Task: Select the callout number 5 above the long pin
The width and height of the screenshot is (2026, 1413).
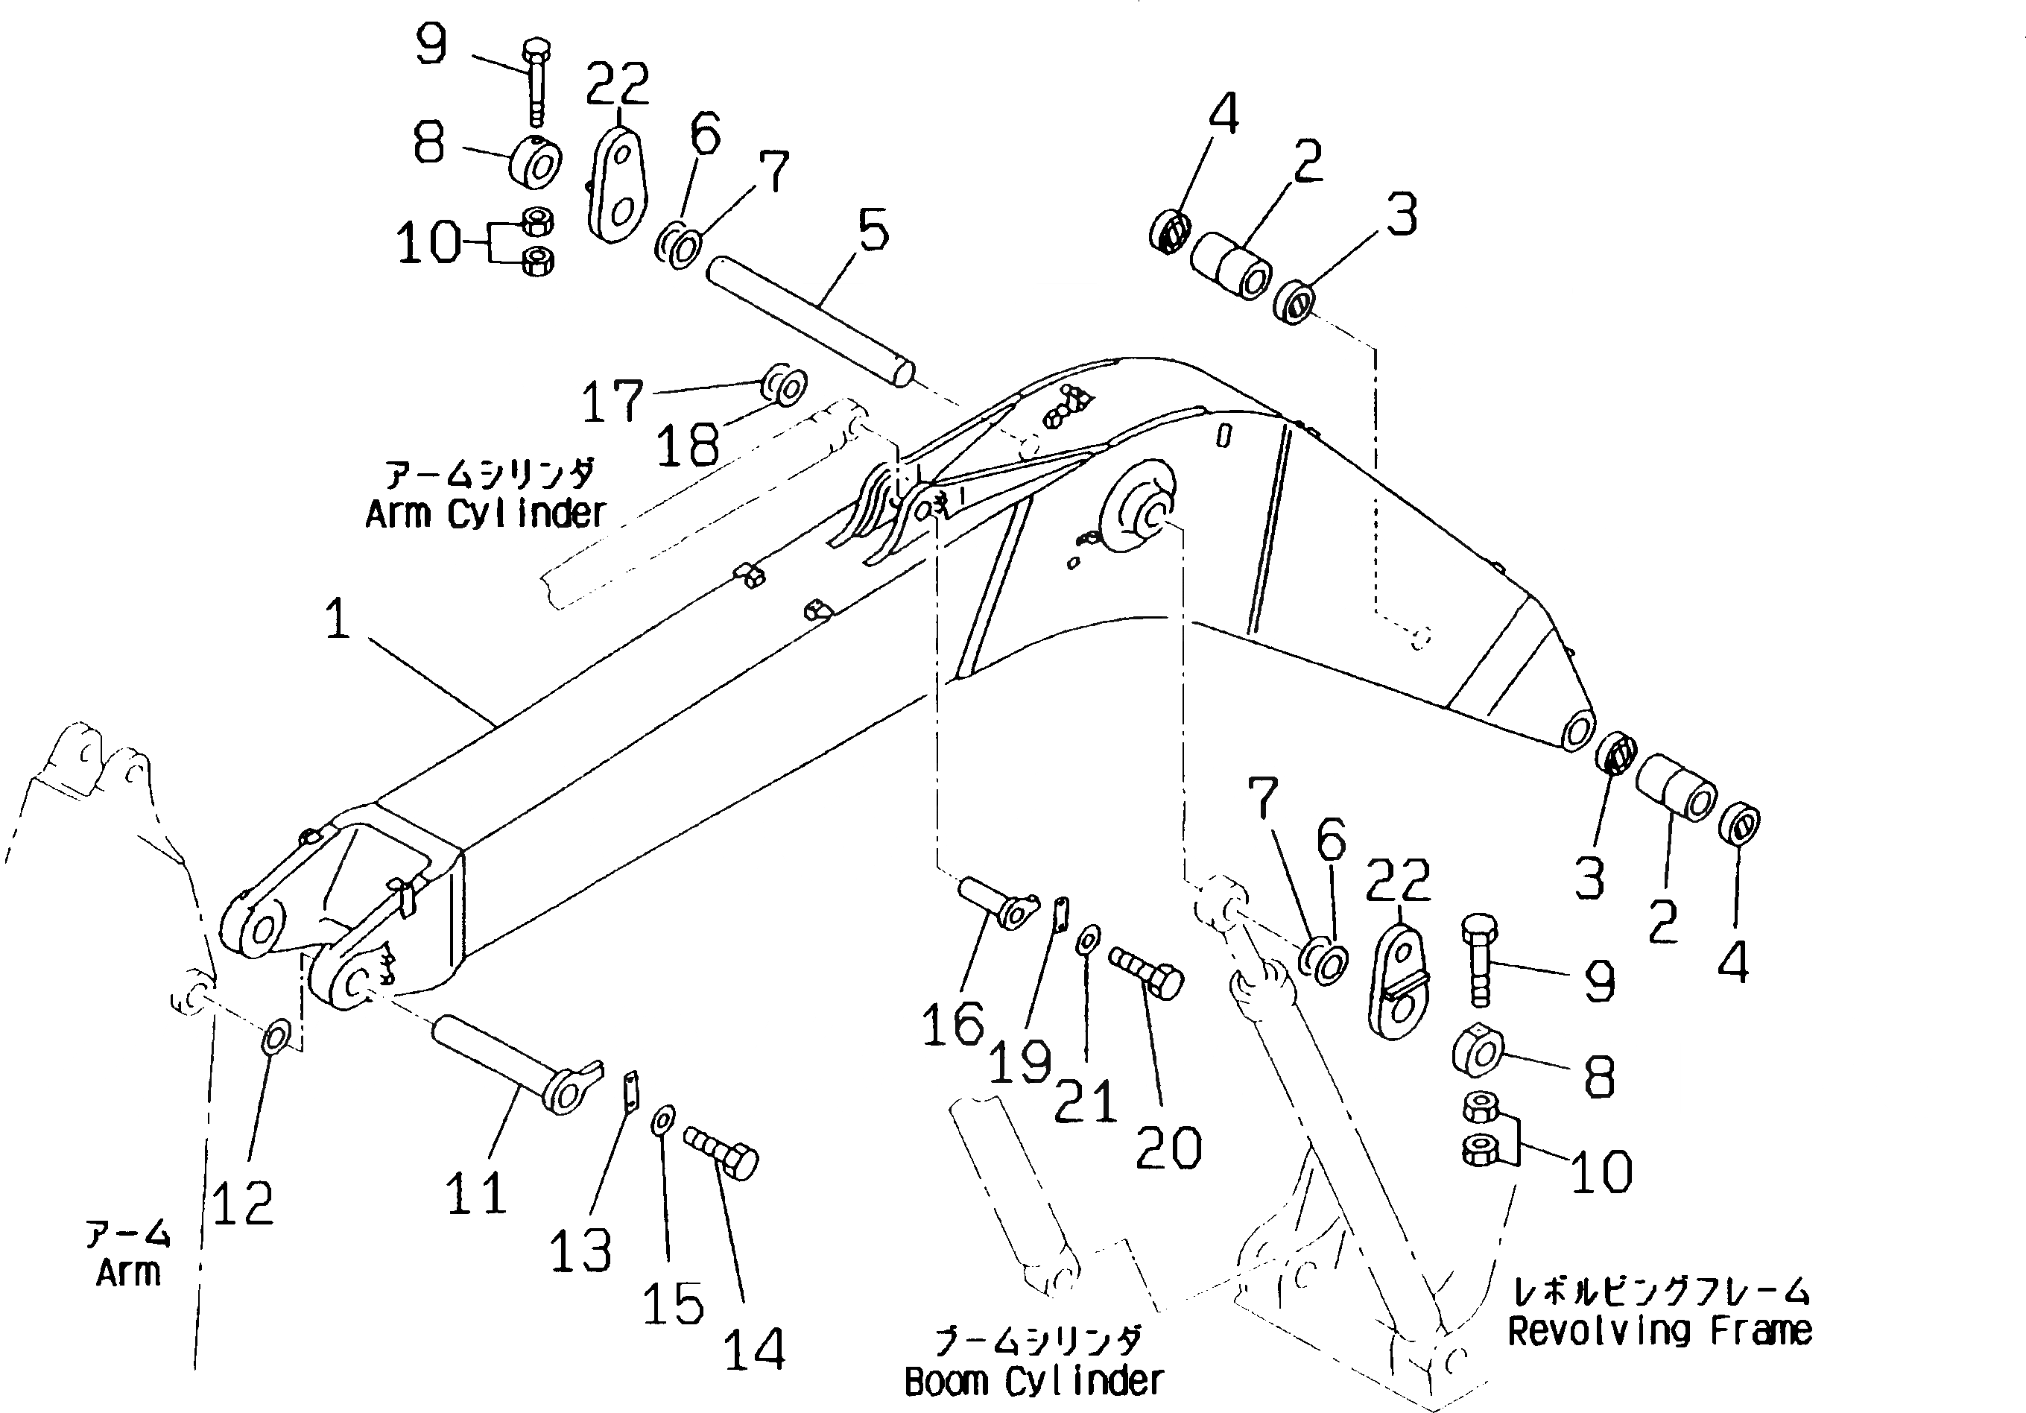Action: [x=873, y=231]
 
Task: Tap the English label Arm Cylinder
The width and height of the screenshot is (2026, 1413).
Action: [x=487, y=513]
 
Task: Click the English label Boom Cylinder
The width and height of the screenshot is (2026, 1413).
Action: [x=1034, y=1381]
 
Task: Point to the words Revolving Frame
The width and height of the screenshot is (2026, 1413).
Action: [x=1659, y=1330]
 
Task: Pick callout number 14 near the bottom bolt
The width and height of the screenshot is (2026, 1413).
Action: [x=755, y=1349]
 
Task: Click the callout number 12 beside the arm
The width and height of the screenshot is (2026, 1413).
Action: [x=243, y=1202]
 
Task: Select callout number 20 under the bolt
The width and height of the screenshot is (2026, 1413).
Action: [x=1168, y=1148]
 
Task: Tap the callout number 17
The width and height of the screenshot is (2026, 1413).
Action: [x=612, y=402]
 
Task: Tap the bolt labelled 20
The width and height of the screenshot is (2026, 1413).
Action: [x=1147, y=972]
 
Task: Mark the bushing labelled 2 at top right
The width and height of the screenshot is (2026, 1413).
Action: [x=1231, y=265]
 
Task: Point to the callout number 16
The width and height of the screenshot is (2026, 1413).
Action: [x=952, y=1025]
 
